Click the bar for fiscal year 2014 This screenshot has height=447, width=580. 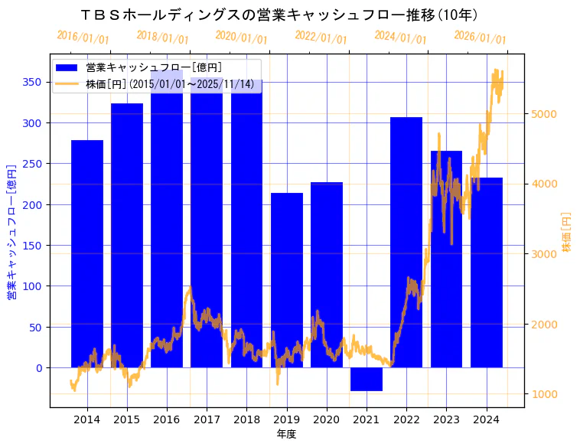87,253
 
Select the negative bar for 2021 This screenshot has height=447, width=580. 367,379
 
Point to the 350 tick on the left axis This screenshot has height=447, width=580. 35,82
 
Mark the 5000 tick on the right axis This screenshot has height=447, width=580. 544,115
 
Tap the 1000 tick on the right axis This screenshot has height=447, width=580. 544,394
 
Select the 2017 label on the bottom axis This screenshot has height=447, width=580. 207,419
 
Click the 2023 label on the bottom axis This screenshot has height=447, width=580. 446,419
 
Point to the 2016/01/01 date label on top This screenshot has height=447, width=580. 83,38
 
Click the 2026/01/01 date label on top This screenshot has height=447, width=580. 480,38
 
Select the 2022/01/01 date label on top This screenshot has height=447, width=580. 321,38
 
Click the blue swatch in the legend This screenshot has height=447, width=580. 67,67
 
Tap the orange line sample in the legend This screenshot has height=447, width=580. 67,83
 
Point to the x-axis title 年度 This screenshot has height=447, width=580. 286,434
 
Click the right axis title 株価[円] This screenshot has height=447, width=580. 567,233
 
